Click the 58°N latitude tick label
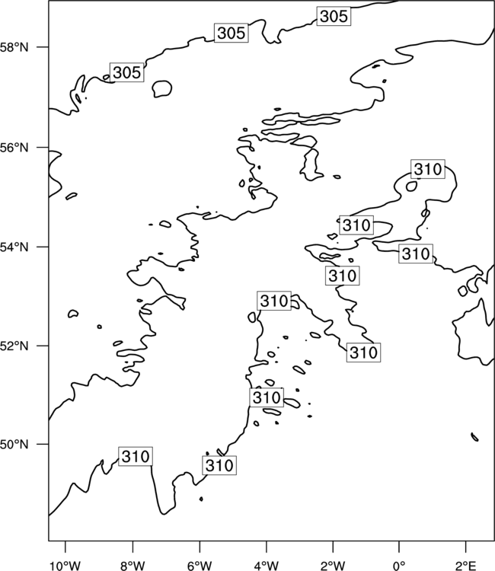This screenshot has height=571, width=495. click(14, 47)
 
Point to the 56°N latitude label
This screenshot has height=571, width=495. click(14, 148)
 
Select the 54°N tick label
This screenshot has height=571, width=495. click(14, 247)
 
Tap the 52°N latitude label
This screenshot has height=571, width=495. click(14, 346)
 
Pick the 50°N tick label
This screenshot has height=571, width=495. click(14, 445)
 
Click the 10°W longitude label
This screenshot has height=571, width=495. click(65, 566)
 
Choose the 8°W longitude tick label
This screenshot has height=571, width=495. click(133, 566)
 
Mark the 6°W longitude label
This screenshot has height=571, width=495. click(200, 566)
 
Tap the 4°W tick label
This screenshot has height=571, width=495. click(267, 566)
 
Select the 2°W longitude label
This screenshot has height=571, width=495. click(333, 566)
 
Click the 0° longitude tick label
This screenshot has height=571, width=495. click(399, 566)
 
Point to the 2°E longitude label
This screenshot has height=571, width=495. click(466, 566)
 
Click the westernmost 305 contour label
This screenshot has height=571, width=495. click(126, 72)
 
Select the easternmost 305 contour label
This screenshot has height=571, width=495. click(334, 16)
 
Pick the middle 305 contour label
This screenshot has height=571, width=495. click(232, 33)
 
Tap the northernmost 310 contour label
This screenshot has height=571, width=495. click(428, 169)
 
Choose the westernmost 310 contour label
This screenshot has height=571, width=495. click(136, 456)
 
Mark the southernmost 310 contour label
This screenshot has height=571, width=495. click(219, 465)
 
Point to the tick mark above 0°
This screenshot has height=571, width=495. click(399, 547)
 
